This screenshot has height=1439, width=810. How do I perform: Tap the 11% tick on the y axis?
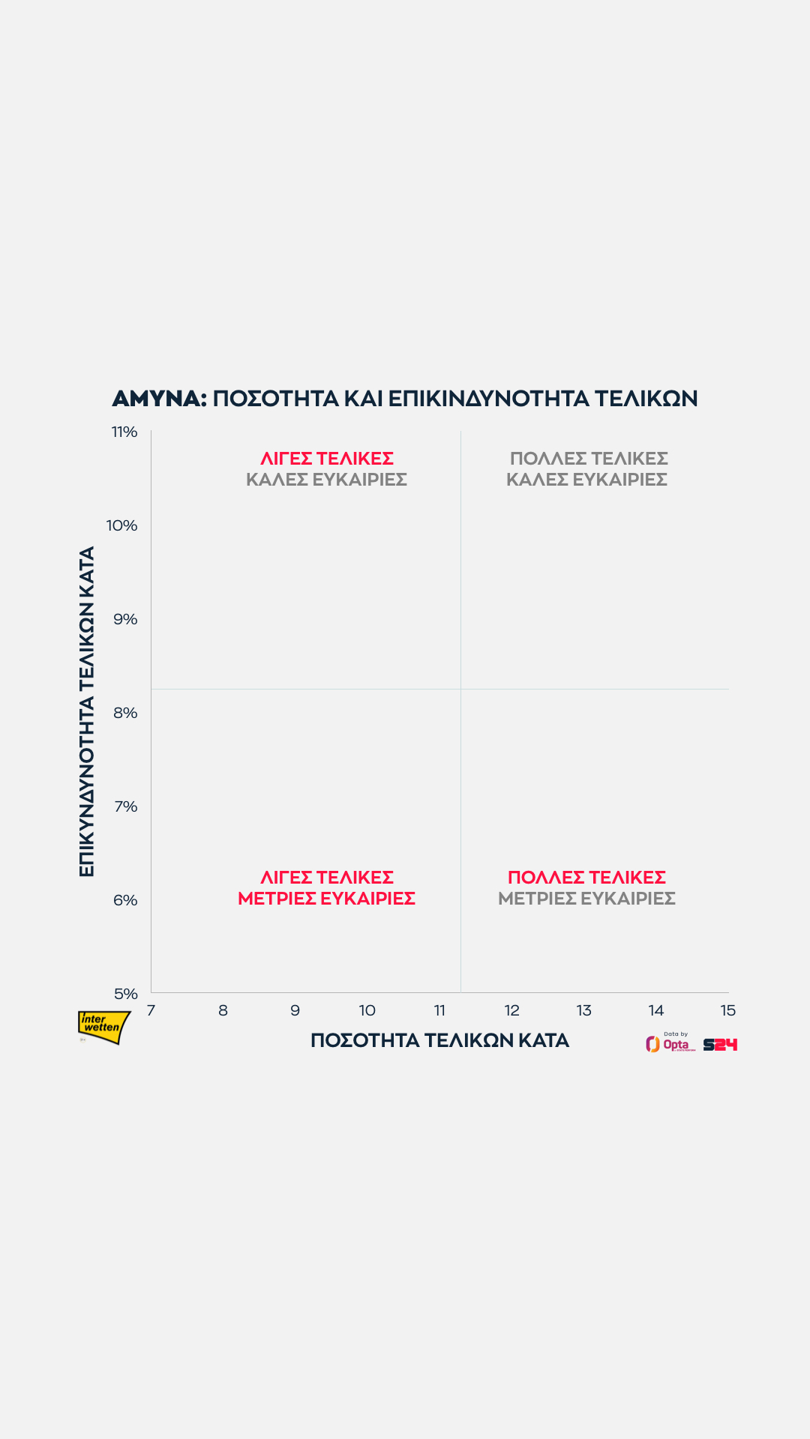[124, 432]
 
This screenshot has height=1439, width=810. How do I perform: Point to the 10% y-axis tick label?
[122, 525]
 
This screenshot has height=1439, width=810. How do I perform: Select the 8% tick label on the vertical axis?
[125, 713]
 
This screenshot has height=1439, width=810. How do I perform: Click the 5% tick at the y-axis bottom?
[126, 994]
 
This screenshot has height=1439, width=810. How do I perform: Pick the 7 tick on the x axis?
[151, 1010]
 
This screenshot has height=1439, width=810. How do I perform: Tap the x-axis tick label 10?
[367, 1010]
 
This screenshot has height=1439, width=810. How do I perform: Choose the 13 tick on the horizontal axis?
[583, 1010]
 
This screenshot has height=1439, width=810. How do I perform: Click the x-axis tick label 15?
[727, 1010]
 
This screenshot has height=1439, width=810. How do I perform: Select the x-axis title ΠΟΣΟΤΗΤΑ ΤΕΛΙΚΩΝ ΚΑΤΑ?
[439, 1040]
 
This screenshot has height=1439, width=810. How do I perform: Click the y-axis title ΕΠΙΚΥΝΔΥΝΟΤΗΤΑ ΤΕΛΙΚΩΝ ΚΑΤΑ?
[87, 711]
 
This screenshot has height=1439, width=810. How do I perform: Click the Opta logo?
[669, 1043]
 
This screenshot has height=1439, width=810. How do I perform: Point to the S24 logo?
[720, 1044]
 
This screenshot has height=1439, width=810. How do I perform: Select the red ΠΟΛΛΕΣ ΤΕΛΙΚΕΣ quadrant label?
[586, 877]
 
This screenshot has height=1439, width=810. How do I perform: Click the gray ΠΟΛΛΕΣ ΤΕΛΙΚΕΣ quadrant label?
[589, 458]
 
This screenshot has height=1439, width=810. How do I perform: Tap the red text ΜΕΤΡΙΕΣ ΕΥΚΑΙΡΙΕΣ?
[326, 898]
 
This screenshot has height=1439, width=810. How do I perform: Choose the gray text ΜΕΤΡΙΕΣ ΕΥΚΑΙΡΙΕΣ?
[586, 898]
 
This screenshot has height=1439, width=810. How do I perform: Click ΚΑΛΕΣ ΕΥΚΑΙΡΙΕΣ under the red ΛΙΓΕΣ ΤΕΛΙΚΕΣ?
[326, 479]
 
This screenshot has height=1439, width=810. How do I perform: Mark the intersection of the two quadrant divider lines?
[460, 689]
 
